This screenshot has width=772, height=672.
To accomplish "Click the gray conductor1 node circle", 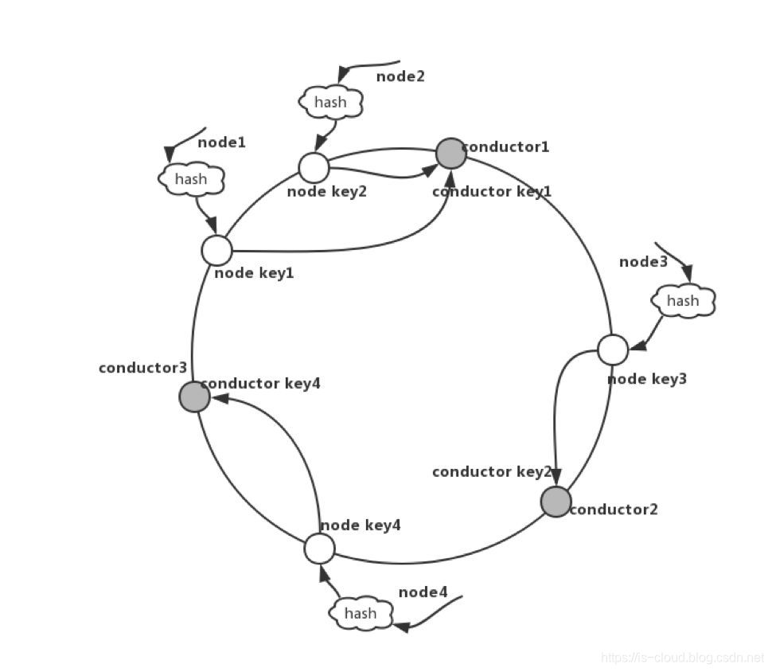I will [450, 154].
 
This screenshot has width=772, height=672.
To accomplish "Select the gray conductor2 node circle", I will [556, 502].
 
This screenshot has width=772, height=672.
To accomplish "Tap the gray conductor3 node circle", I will [194, 396].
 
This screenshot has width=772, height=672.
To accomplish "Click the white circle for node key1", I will [216, 250].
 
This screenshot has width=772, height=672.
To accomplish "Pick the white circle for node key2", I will [314, 167].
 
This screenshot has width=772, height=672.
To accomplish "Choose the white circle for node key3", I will [613, 350].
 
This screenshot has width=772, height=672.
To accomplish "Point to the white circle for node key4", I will [319, 549].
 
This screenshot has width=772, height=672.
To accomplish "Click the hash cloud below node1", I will [191, 179].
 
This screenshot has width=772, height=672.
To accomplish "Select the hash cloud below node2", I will [330, 102].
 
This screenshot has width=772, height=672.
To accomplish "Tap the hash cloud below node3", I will [683, 301].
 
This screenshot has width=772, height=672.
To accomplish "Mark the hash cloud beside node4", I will [361, 613].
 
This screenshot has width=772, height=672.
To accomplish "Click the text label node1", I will [221, 143].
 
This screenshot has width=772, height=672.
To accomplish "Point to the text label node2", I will [400, 76].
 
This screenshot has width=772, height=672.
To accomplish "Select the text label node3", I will [643, 261].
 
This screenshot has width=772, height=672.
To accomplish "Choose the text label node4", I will [423, 592].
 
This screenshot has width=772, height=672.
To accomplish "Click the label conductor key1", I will [491, 192].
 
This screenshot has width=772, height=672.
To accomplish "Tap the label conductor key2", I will [491, 472].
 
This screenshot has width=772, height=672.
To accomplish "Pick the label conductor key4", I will [260, 383].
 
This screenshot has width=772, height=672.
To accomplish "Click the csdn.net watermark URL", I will [682, 658].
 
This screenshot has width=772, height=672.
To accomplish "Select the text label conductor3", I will [142, 368].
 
